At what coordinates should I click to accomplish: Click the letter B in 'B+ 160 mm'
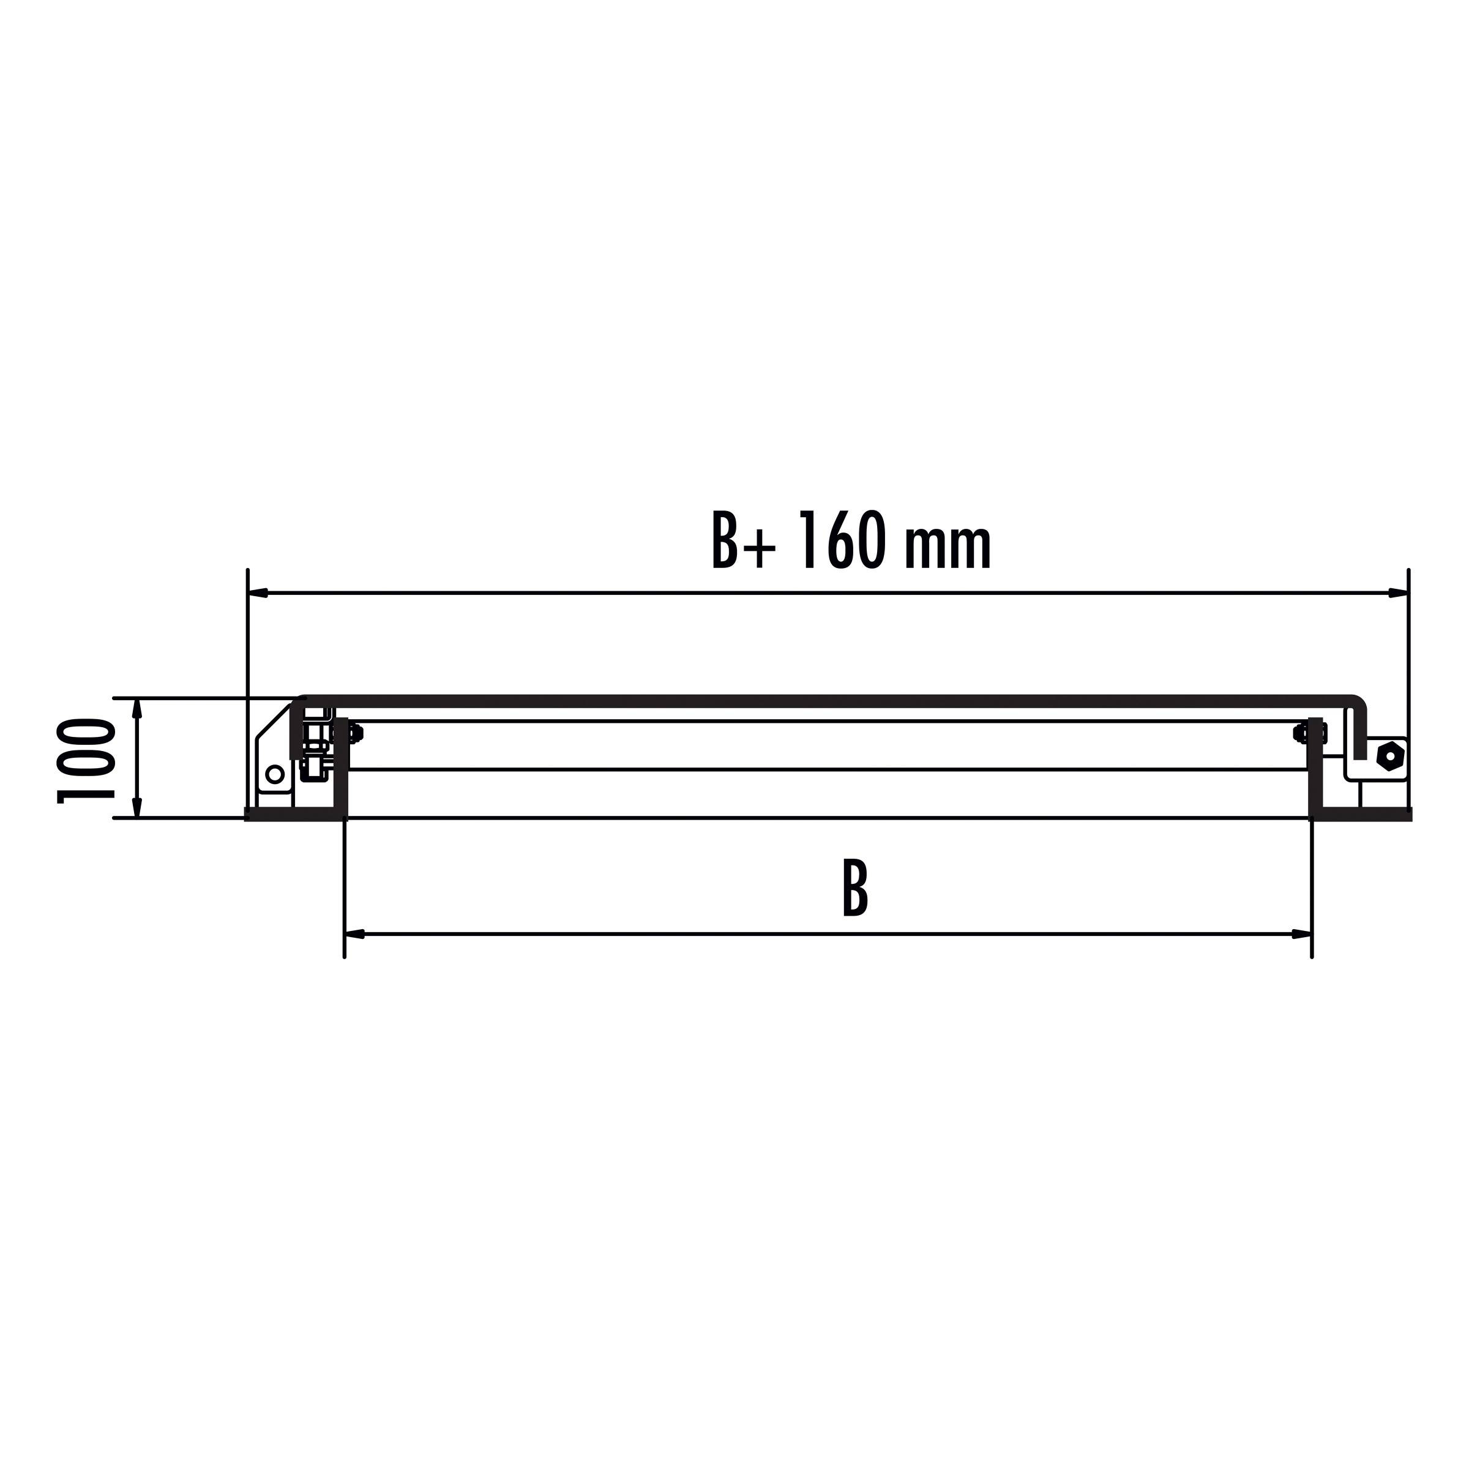[725, 541]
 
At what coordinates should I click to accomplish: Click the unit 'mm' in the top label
[948, 546]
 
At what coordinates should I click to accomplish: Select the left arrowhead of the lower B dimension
[355, 933]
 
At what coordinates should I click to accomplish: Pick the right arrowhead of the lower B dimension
[1302, 933]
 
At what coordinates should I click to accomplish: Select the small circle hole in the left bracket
[274, 775]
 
